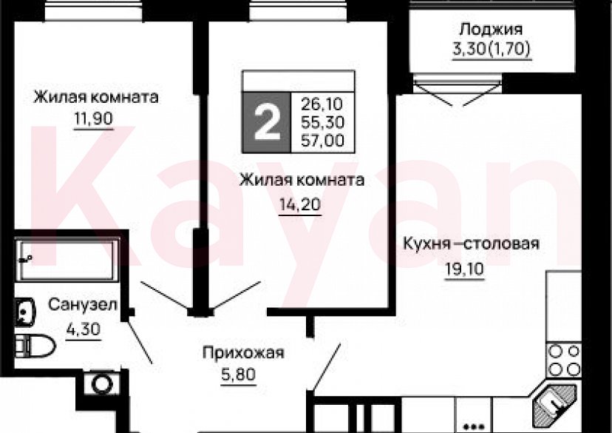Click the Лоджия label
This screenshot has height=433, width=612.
click(491, 30)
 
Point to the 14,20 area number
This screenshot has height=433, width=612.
click(299, 205)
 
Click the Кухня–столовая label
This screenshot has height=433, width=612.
click(471, 244)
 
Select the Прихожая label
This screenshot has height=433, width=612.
click(243, 352)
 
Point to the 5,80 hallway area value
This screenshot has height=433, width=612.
click(239, 375)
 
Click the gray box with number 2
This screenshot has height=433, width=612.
click(267, 122)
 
